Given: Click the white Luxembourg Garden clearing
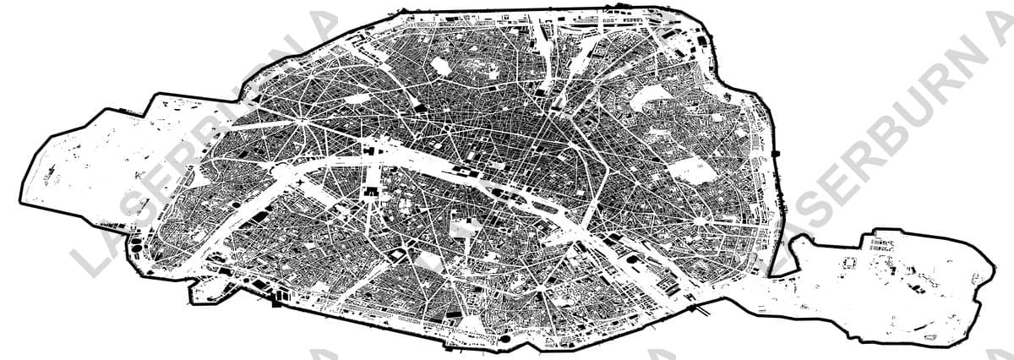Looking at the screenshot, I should click(x=461, y=227).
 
